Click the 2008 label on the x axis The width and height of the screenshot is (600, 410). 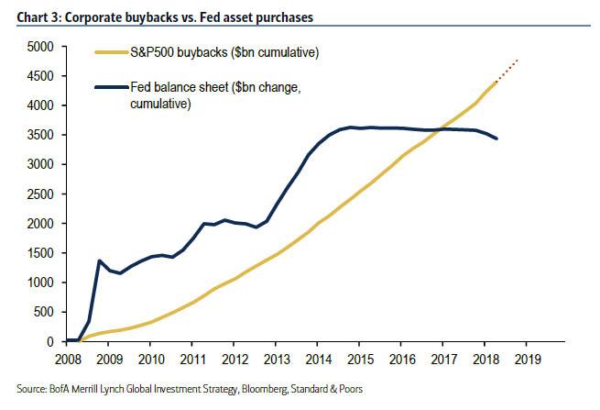69,358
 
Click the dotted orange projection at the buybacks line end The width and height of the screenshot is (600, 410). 509,71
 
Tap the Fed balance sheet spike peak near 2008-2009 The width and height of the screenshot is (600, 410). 99,260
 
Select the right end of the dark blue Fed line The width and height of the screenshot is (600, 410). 496,139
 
